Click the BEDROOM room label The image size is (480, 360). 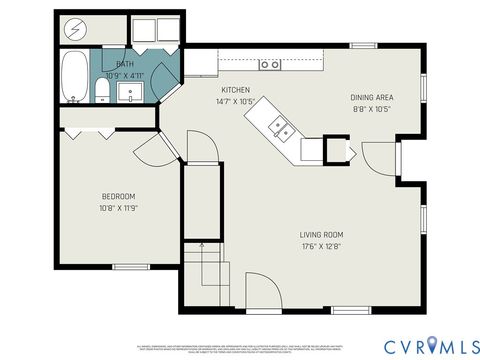[x=118, y=196]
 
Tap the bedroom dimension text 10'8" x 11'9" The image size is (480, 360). [x=118, y=208]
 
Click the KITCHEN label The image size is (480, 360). [x=235, y=89]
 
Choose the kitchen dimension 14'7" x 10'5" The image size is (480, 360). [x=235, y=101]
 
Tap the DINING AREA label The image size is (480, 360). [x=370, y=97]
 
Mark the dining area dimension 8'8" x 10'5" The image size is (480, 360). [x=370, y=109]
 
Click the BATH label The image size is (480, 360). [x=124, y=64]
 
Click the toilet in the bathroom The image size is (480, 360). [x=102, y=92]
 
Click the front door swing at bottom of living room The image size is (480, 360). [x=262, y=290]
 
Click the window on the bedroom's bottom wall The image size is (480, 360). [x=129, y=266]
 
